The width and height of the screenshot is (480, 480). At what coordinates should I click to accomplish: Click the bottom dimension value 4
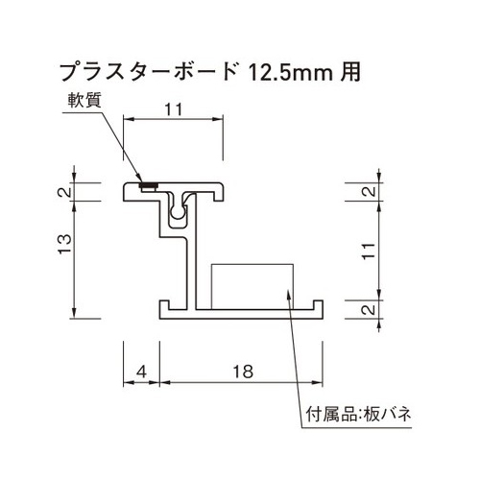[140, 370]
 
